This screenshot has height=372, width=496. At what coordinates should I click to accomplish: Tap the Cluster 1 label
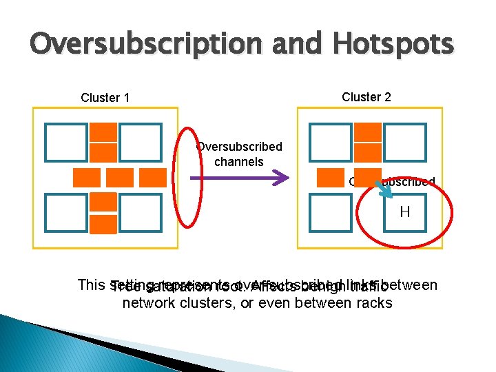[x=105, y=98]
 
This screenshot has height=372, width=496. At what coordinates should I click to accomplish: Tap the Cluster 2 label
[x=366, y=97]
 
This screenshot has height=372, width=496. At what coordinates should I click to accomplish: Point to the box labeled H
[x=404, y=212]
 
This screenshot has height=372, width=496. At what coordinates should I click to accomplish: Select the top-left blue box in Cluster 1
[x=65, y=141]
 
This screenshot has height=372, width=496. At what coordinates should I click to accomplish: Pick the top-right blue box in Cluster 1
[x=140, y=141]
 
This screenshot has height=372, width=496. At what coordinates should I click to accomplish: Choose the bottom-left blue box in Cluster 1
[x=65, y=212]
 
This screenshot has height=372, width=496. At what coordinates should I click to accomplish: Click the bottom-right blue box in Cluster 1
[x=140, y=212]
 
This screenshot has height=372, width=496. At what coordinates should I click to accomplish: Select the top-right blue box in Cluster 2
[x=404, y=141]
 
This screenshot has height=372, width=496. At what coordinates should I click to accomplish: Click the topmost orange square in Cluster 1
[x=103, y=132]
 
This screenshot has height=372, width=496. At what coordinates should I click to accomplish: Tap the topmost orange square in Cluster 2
[x=369, y=132]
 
